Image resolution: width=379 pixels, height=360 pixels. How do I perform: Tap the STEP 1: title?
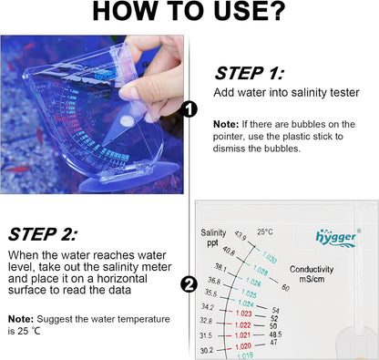[x=248, y=73]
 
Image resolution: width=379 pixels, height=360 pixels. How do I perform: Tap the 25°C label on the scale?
[x=264, y=231]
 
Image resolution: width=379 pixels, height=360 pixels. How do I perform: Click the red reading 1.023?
[x=243, y=314]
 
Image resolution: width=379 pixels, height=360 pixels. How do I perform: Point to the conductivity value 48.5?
[x=276, y=334]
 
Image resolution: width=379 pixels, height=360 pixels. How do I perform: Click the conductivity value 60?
[x=285, y=287]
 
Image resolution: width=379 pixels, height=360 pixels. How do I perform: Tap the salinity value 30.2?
[x=207, y=349]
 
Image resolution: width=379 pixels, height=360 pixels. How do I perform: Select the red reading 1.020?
[x=243, y=346]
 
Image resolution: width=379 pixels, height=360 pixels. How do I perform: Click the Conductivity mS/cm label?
[x=315, y=274]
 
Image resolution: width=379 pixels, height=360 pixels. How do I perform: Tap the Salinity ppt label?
[x=213, y=239]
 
